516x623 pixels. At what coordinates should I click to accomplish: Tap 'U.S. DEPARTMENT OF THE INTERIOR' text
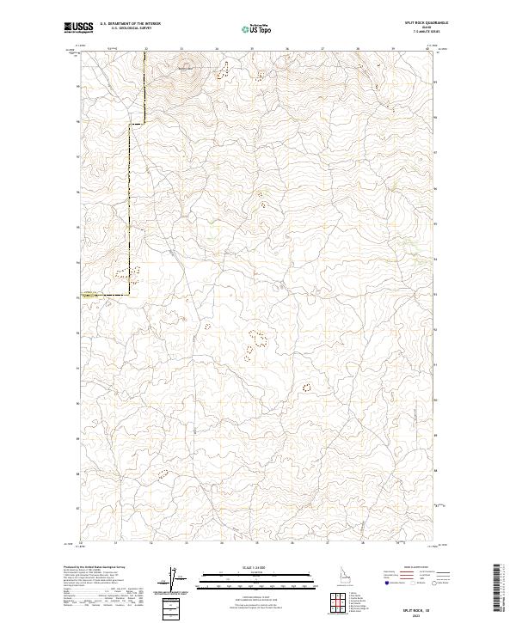click(130, 23)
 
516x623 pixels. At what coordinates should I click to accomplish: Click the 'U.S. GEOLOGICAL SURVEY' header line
click(130, 28)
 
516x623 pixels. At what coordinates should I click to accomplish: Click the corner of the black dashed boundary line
click(131, 295)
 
